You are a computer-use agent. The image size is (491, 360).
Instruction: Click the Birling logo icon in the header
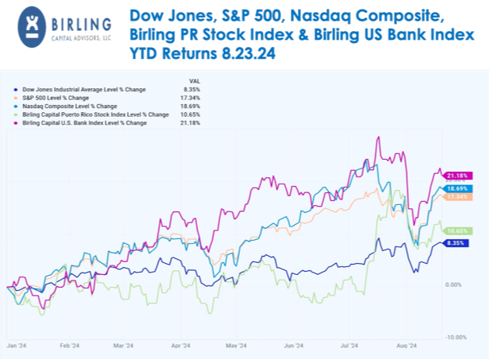pos(29,24)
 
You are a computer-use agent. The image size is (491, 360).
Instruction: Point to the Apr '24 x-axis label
pos(180,346)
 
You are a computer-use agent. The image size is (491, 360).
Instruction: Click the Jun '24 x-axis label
pos(295,346)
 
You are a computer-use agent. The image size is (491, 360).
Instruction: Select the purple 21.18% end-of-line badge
pos(460,175)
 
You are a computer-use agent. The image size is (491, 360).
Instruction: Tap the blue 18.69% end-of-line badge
pos(460,188)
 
